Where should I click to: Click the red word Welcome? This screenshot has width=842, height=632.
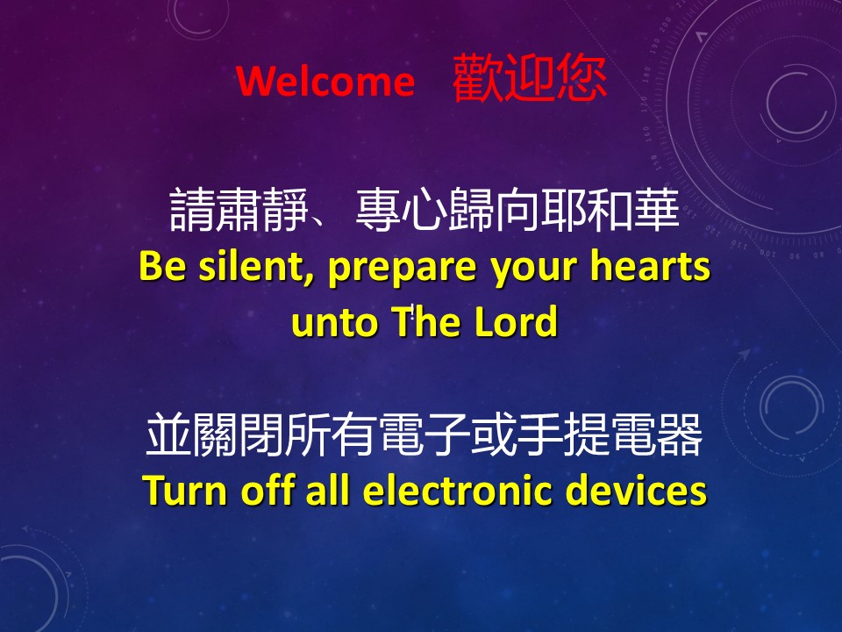tap(325, 81)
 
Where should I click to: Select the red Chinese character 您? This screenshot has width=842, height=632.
tap(582, 78)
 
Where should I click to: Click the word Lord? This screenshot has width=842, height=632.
tap(516, 321)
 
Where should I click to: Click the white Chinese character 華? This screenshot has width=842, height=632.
tap(657, 210)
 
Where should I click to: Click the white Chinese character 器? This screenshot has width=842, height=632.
tap(679, 434)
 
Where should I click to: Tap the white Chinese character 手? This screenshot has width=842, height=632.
tap(540, 434)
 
